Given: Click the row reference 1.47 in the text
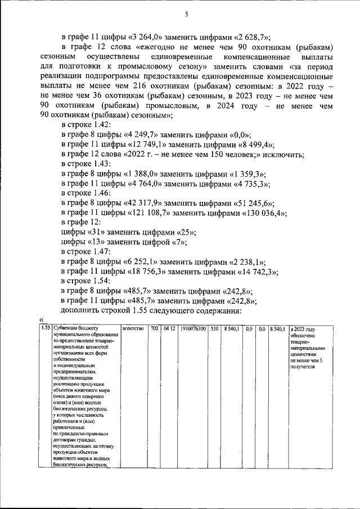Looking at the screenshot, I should (105, 250).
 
